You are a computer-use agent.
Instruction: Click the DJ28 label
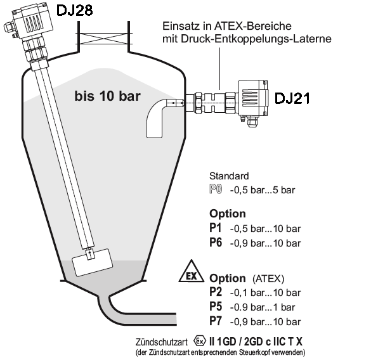74,11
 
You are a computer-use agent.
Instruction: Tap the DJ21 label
292,98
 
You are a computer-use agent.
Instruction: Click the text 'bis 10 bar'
107,96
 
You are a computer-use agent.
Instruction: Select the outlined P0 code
216,190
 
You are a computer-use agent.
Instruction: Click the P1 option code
215,228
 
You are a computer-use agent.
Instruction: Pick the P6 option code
216,242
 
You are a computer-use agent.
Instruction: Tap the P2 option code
216,292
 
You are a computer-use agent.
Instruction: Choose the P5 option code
216,307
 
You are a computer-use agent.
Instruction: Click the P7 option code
215,321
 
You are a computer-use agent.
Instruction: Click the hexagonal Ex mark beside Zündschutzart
200,341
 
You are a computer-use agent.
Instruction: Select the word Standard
229,176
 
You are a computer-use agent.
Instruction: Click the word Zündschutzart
162,342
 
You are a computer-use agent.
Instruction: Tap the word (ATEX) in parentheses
268,279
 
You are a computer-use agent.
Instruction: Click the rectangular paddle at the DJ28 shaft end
93,262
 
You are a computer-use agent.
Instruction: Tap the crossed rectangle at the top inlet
103,39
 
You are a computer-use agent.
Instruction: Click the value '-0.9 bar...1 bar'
263,307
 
